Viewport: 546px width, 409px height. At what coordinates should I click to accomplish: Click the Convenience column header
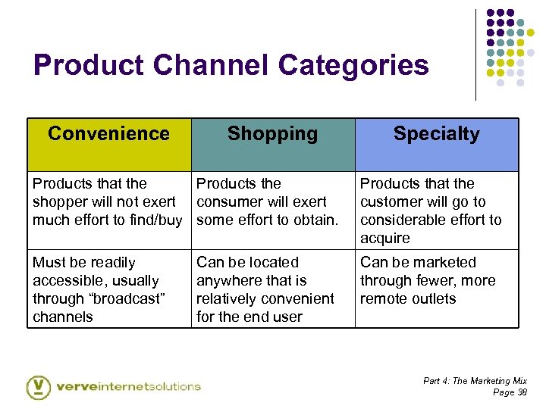click(x=108, y=134)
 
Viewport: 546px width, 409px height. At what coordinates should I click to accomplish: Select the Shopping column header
click(x=272, y=134)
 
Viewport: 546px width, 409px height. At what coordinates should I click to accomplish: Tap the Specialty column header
click(x=436, y=134)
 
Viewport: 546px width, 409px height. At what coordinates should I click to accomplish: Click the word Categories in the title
click(x=353, y=65)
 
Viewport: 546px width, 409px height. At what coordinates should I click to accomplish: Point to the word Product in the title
click(x=89, y=65)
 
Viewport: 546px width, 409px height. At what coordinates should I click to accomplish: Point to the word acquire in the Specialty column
click(x=384, y=238)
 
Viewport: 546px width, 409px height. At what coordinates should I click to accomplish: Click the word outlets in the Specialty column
click(x=433, y=298)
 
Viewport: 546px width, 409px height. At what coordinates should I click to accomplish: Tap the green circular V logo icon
click(x=39, y=386)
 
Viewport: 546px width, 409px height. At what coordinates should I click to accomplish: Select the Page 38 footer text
click(x=510, y=392)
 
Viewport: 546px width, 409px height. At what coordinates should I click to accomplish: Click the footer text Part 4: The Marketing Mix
click(x=475, y=381)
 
